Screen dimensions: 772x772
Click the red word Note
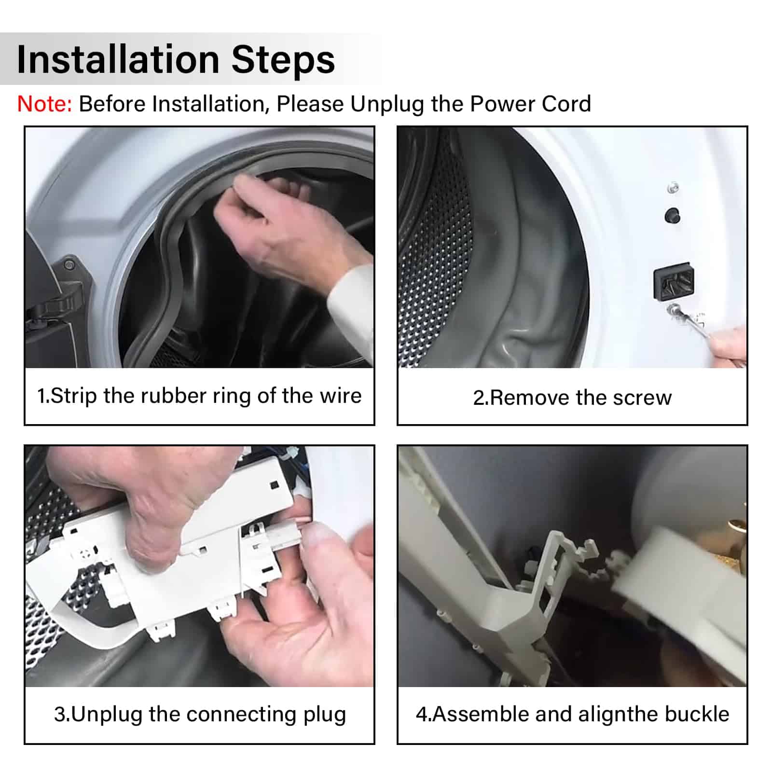click(x=44, y=104)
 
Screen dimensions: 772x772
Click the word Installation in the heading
click(x=118, y=59)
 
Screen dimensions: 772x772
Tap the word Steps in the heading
click(x=283, y=60)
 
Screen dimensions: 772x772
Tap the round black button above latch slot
click(x=672, y=215)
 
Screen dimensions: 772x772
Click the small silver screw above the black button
click(x=673, y=187)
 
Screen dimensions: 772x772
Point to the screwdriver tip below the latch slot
click(x=673, y=308)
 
